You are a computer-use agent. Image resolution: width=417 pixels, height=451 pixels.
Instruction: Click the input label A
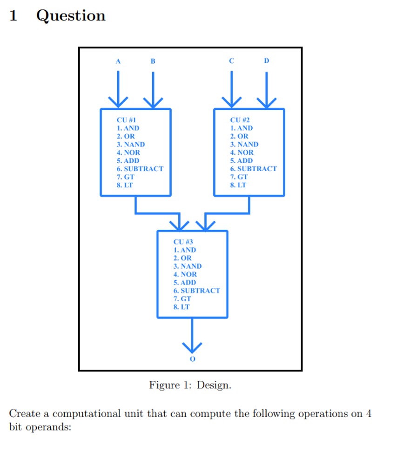coord(118,61)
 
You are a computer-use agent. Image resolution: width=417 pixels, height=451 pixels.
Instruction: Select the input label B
coord(153,61)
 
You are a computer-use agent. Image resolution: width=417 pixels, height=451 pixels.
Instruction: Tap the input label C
coord(231,60)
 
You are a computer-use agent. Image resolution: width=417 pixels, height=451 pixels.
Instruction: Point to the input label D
coord(266,60)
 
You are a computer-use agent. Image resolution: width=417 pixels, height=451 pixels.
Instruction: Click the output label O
coord(192,359)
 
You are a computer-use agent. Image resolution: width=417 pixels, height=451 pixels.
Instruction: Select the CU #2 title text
coord(240,120)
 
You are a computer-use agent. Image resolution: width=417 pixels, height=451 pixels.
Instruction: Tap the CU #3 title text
coord(183,242)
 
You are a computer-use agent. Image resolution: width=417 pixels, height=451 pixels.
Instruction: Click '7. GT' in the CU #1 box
coord(126,177)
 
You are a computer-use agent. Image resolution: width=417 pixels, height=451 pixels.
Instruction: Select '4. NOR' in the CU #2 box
coord(242,153)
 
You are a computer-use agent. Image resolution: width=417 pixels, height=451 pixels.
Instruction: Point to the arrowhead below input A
coord(118,101)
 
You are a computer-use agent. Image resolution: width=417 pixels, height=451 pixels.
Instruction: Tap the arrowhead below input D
coord(266,101)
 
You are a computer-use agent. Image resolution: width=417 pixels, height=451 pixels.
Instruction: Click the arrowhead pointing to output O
coord(192,346)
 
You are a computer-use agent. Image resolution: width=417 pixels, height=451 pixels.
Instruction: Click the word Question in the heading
coord(71,16)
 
